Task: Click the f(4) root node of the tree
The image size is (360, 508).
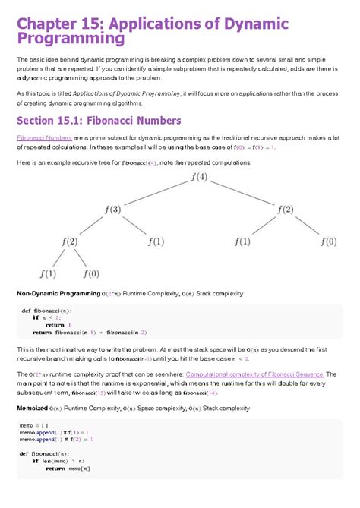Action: (x=200, y=178)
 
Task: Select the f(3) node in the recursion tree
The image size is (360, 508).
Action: (x=112, y=210)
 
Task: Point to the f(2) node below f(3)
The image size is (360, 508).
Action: (x=69, y=241)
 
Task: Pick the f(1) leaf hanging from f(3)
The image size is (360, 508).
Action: (x=156, y=241)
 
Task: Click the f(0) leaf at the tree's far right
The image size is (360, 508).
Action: (x=329, y=241)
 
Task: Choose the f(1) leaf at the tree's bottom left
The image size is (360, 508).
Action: (x=47, y=273)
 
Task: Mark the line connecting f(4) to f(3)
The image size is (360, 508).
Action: (x=156, y=194)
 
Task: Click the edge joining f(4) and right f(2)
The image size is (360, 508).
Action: (x=243, y=194)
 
